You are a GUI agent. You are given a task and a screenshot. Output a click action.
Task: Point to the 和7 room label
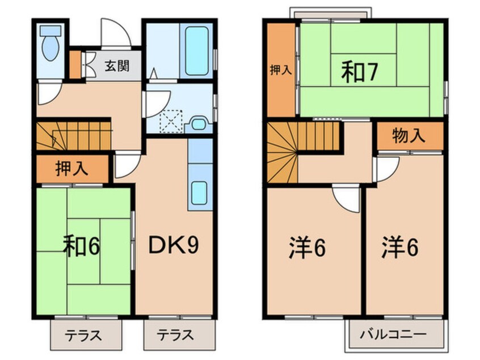[360, 73]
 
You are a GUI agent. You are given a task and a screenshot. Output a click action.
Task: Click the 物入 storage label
[409, 136]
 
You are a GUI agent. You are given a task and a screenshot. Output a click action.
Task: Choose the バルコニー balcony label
[394, 334]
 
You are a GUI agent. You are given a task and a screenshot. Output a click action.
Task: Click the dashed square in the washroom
[169, 120]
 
